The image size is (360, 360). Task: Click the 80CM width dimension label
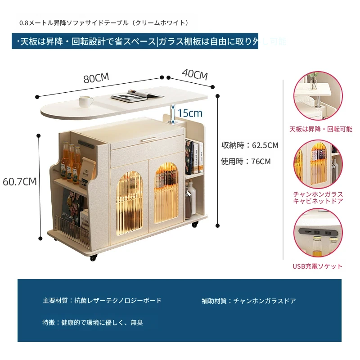click(96, 77)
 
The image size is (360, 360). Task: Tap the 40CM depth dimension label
click(194, 74)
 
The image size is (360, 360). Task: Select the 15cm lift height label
click(189, 113)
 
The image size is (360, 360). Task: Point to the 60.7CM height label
click(19, 182)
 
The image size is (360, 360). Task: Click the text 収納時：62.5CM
click(250, 145)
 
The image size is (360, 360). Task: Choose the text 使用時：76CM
click(246, 161)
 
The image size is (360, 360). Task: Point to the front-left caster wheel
click(94, 258)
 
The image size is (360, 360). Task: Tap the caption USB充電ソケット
click(317, 266)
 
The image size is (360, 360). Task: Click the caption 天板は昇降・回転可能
click(321, 129)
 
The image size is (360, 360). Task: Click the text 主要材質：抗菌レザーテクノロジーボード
click(102, 301)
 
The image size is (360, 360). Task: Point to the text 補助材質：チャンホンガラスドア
click(249, 301)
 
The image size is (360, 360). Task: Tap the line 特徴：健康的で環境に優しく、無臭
click(93, 322)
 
